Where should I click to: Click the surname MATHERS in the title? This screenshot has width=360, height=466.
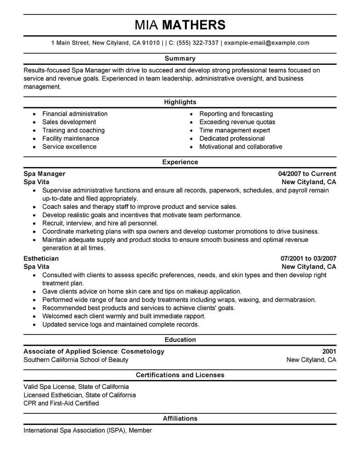[193, 25]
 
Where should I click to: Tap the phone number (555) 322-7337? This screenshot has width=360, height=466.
[198, 43]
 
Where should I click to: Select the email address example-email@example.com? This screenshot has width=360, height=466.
[266, 43]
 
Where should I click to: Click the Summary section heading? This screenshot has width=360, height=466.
[180, 59]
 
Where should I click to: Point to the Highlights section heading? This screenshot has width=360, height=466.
[180, 102]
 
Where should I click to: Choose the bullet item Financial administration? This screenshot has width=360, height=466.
[75, 114]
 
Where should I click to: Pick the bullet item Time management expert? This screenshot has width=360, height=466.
[234, 130]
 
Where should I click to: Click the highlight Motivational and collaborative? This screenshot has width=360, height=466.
[241, 147]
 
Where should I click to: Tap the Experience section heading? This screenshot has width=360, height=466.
[180, 162]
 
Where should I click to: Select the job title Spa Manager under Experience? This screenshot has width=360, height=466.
[44, 174]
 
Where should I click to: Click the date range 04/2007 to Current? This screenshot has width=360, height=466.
[307, 174]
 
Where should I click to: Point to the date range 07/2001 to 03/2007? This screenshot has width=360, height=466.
[308, 259]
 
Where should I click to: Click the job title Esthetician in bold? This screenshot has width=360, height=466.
[41, 259]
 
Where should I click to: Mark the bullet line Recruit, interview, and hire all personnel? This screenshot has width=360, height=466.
[100, 223]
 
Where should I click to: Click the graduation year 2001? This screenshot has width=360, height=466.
[329, 352]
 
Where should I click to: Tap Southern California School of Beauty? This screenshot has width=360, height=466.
[76, 360]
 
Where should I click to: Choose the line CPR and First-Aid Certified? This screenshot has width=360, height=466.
[61, 403]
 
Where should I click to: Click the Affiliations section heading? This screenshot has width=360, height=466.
[180, 419]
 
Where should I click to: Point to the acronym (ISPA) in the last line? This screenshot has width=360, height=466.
[117, 430]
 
